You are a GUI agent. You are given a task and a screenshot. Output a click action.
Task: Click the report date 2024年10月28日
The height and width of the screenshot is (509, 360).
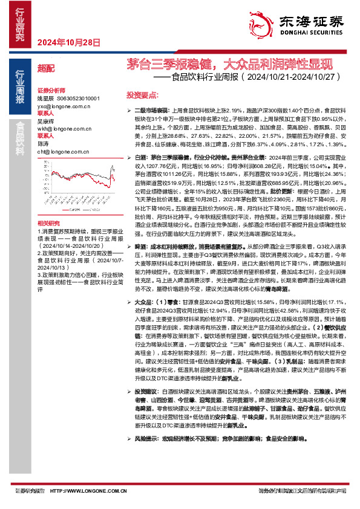click(x=69, y=42)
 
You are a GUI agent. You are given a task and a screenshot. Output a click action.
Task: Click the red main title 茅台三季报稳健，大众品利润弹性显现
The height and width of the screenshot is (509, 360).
click(x=225, y=64)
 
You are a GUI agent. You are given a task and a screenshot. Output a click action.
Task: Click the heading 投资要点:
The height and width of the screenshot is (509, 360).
click(x=142, y=96)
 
